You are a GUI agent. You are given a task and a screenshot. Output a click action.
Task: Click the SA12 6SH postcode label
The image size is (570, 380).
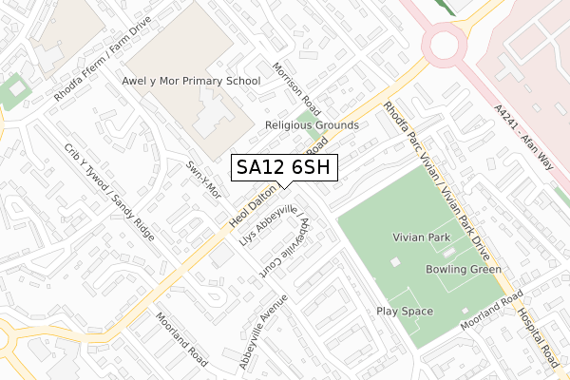tap(284, 167)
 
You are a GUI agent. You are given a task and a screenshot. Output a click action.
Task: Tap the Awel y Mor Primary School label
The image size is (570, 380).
tap(191, 82)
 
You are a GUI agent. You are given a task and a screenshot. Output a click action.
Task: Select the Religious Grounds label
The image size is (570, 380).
tap(311, 125)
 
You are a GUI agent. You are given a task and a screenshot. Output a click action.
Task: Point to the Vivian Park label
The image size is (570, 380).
tap(422, 236)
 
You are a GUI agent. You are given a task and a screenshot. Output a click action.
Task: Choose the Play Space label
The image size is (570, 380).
tap(405, 312)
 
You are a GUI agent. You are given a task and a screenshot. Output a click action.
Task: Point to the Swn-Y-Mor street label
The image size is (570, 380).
tap(203, 179)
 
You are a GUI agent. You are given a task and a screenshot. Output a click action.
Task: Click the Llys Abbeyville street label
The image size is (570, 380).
tap(269, 226)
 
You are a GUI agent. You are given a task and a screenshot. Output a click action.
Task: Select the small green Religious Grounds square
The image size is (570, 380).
tap(305, 122)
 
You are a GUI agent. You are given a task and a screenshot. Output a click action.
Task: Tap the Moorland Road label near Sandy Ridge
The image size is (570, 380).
tap(181, 340)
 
